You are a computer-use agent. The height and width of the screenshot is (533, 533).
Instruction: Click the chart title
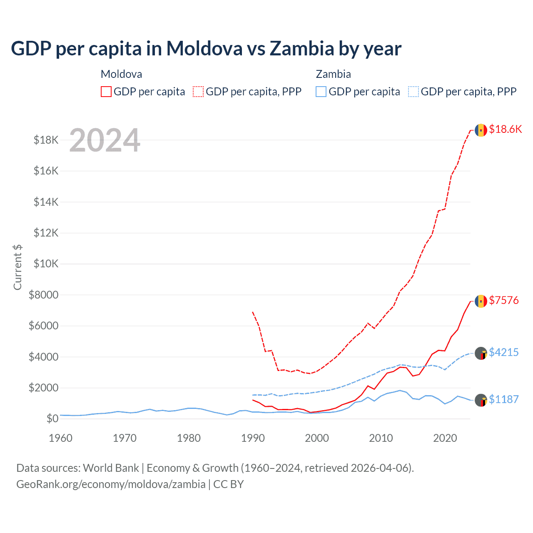point(206,49)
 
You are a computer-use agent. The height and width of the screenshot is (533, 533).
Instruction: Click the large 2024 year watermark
point(105,140)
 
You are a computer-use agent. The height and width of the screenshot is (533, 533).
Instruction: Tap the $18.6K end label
point(505,129)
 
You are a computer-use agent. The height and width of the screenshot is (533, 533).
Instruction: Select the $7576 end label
point(504,300)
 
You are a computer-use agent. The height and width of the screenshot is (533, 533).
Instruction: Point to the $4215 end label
point(504,352)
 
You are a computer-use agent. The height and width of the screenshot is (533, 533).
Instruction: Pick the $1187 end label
point(504,399)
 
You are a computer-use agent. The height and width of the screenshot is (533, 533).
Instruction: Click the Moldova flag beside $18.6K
point(481,130)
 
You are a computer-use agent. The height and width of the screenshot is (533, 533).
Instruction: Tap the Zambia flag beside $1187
point(481,400)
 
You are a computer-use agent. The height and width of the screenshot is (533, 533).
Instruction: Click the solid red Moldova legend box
point(106,92)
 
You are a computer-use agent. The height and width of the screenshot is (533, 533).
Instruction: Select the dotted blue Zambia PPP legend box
point(413,92)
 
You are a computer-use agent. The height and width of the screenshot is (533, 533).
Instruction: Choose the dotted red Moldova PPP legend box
point(198,92)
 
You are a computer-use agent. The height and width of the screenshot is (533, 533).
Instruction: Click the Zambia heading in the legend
point(333,74)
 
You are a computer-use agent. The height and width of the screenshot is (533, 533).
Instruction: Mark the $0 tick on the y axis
point(52,418)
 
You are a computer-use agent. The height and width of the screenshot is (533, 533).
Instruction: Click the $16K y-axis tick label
point(46,171)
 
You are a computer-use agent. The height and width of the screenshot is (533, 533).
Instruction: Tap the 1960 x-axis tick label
point(61,438)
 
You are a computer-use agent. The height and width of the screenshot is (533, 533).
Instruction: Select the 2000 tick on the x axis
point(317,438)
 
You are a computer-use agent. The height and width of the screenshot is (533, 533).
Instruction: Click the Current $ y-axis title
point(17,267)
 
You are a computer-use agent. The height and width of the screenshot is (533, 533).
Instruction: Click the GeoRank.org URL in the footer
point(111,484)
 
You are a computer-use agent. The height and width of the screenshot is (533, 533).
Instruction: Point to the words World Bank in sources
point(111,468)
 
